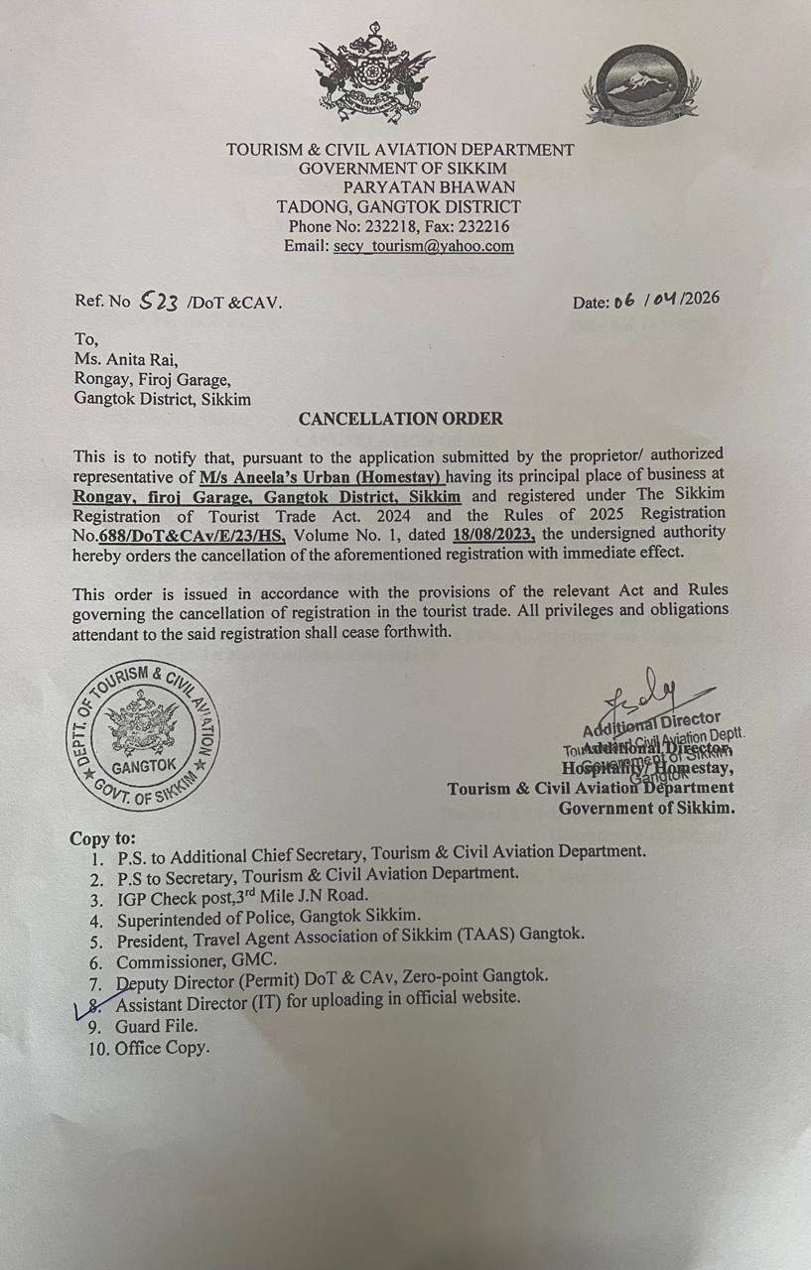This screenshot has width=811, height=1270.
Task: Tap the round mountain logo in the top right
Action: [x=640, y=87]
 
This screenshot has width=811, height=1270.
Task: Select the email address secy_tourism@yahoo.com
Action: [x=423, y=246]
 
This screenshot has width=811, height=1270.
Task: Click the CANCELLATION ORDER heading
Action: [x=400, y=419]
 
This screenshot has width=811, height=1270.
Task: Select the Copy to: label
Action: [x=103, y=838]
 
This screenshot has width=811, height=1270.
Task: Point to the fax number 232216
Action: [x=484, y=226]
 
